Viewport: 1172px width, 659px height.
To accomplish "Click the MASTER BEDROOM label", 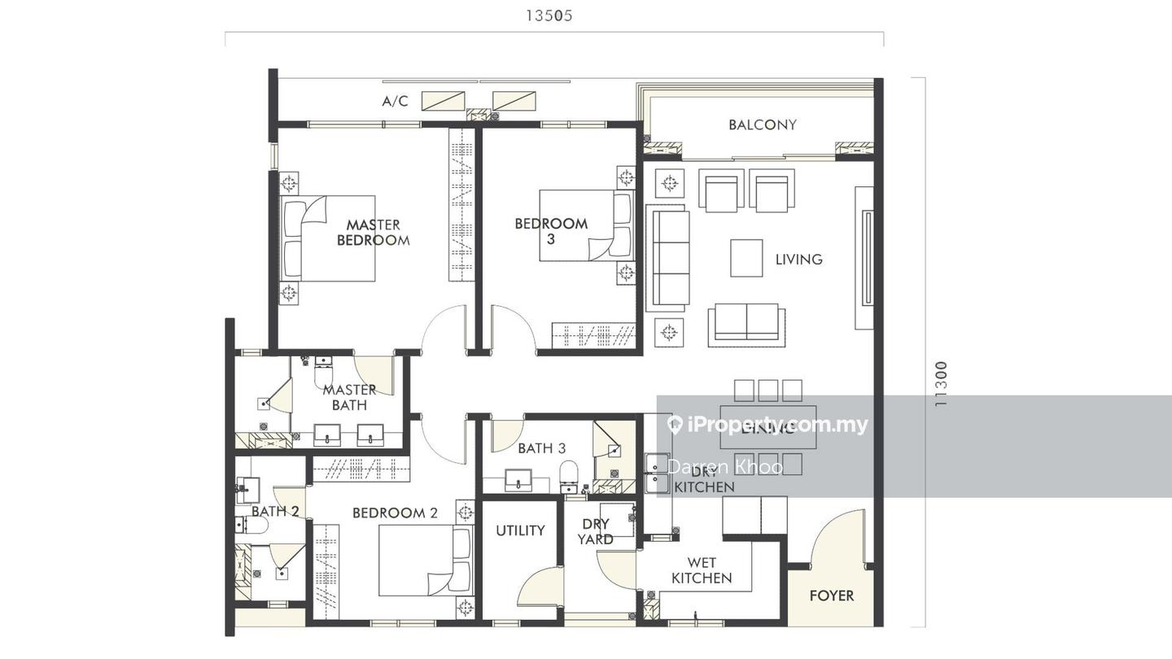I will coord(373,233).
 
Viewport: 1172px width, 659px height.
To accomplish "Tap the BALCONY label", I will coord(762,124).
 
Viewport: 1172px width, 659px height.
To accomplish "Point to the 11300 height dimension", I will coord(941,384).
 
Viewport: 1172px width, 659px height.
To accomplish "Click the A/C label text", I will coord(395,102).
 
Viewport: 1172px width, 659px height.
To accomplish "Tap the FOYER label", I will coord(831,596).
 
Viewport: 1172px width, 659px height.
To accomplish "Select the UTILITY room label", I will coord(520,530).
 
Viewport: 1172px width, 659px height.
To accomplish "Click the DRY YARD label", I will coord(596,531).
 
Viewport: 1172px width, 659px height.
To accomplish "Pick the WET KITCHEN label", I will coord(701,570).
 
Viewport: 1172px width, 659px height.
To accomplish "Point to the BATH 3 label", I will coord(541,448).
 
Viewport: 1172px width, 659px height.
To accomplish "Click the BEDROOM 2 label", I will coord(395,513).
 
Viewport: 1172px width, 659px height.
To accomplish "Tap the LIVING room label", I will coord(798,260).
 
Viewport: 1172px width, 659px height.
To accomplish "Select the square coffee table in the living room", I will coord(746,259).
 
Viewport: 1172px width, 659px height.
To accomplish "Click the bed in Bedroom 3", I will coord(586,225).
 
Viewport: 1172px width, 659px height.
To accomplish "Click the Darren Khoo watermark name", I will coord(724,466).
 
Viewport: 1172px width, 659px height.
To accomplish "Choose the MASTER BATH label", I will coord(349,397).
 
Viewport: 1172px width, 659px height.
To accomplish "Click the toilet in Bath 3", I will coord(569,474).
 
